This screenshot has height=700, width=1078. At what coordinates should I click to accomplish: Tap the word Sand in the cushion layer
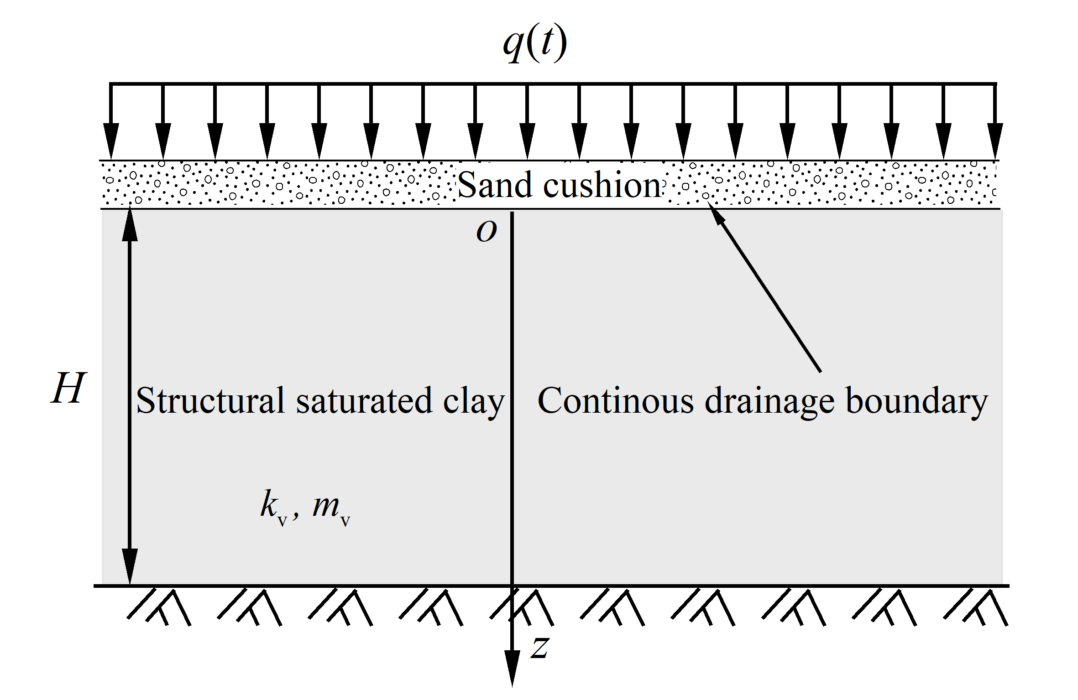coord(495,185)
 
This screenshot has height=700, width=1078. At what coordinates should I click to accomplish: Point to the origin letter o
coord(486,231)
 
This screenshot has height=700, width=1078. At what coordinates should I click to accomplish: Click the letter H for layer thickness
coord(68,388)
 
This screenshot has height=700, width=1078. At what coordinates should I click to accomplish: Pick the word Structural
coord(211,400)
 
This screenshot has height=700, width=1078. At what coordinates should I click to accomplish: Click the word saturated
coord(364,400)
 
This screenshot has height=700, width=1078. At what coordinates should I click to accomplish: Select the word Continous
coord(616,400)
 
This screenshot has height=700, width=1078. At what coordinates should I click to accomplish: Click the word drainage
coord(769,401)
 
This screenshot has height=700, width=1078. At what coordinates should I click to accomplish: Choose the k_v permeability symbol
coord(273,506)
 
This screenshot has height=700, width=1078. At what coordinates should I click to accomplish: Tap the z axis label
coord(540,648)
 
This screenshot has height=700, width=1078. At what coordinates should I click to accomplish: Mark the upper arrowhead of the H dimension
coord(130,223)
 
